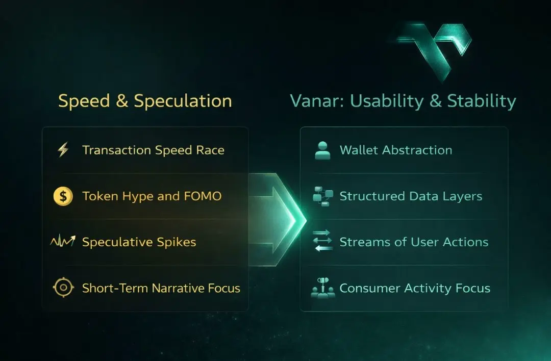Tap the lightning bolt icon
point(63,149)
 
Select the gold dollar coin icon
point(63,196)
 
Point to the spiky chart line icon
point(63,241)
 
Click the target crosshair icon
point(63,288)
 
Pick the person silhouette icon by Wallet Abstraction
point(322,150)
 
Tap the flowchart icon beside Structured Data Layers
point(323,196)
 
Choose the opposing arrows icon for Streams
point(322,241)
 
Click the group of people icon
point(323,288)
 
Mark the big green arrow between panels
point(277,220)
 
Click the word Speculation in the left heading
point(183,101)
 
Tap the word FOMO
point(203,196)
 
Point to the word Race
point(210,150)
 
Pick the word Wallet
point(359,150)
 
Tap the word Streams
point(359,242)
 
